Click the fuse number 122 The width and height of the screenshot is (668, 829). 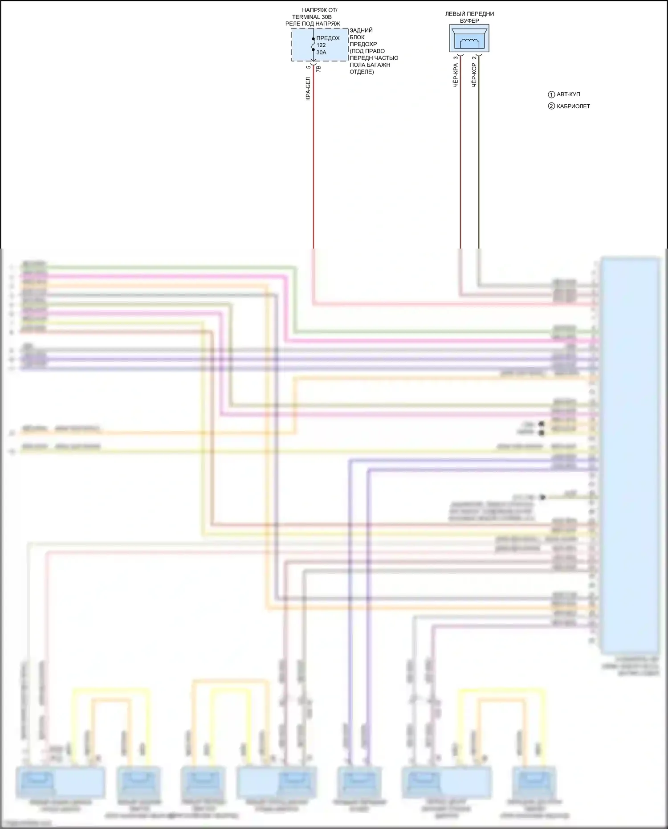point(321,45)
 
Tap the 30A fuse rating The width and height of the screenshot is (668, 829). point(321,52)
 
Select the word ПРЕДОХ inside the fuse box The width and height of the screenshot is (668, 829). point(328,38)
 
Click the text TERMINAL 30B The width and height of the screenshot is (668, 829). point(312,17)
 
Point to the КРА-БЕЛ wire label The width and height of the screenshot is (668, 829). point(308,89)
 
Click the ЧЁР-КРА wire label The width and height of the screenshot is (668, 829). point(456,75)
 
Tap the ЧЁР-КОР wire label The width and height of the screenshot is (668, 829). point(474,75)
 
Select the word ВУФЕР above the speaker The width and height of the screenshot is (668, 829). point(469,20)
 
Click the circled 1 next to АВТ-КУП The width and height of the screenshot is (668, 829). point(551,94)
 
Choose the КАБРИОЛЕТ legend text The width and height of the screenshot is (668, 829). point(573,106)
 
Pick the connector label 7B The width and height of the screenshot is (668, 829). point(318,69)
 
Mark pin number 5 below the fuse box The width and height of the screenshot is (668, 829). point(308,67)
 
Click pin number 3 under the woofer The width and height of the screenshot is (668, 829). point(456,58)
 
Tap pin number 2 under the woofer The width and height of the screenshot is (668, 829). point(474,58)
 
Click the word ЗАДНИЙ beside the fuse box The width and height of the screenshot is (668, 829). point(361,30)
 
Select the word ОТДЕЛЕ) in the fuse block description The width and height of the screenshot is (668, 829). point(362,72)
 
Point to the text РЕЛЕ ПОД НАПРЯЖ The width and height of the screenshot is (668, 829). point(313,24)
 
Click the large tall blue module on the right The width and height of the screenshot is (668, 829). point(630,452)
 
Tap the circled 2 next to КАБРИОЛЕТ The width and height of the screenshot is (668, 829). point(551,106)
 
